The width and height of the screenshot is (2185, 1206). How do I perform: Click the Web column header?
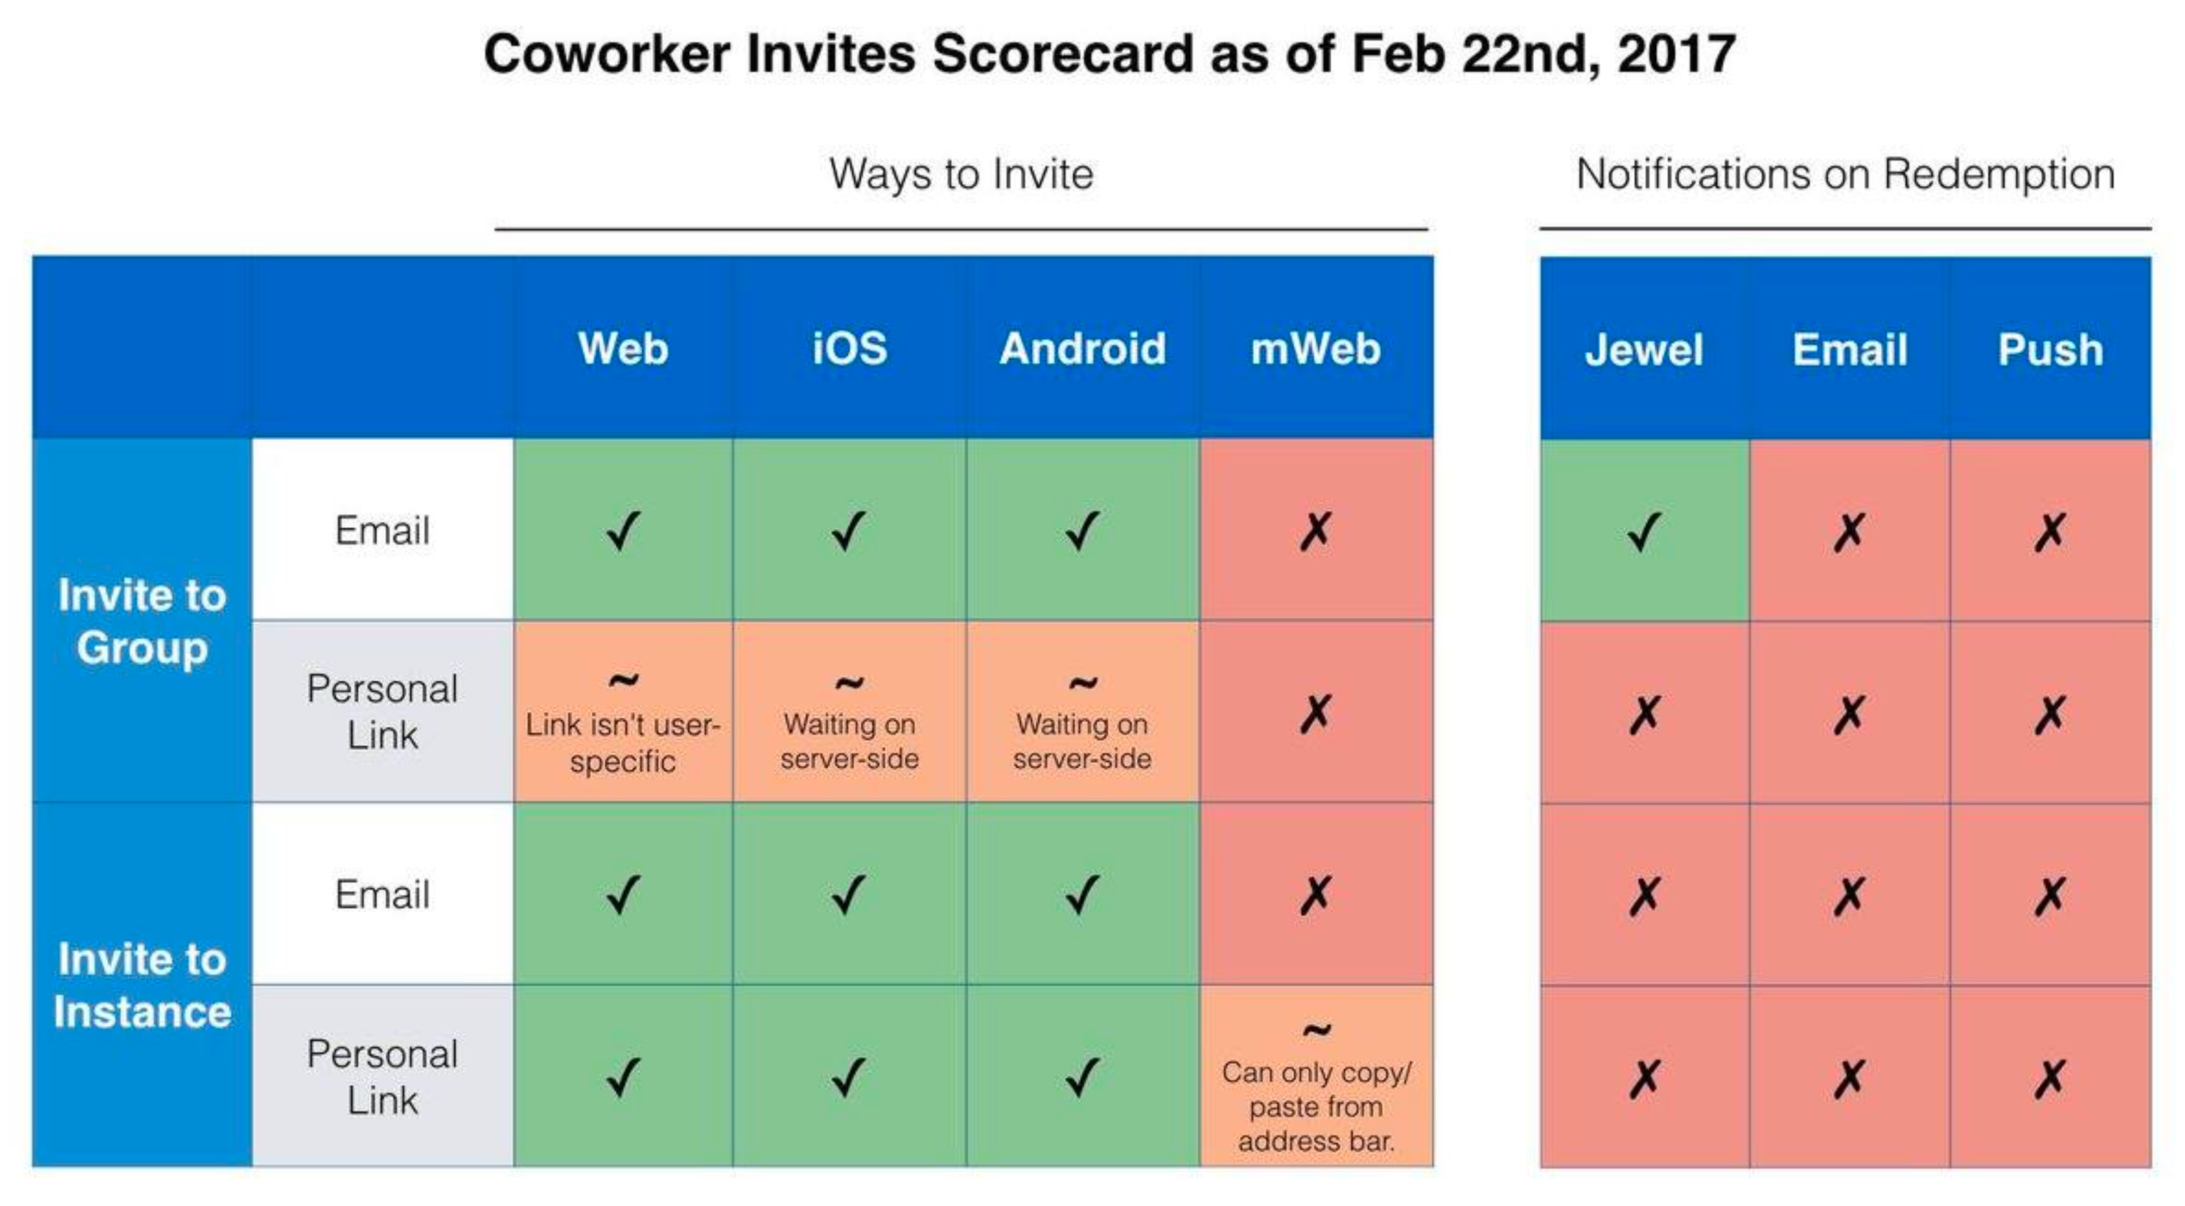(x=622, y=349)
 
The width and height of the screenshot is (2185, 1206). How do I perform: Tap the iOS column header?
(x=849, y=349)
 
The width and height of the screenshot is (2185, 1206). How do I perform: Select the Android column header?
(x=1082, y=349)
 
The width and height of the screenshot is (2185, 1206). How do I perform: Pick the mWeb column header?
(x=1316, y=349)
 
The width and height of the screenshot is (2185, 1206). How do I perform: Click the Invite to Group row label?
(x=142, y=620)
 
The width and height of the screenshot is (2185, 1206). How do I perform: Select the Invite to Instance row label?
(x=142, y=985)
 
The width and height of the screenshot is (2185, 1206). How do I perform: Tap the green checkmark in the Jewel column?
(x=1644, y=532)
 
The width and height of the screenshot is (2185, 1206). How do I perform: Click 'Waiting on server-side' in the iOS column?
(x=849, y=740)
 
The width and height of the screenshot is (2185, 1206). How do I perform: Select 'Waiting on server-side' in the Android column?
(x=1082, y=740)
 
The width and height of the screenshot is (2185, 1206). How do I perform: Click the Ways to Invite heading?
(x=961, y=174)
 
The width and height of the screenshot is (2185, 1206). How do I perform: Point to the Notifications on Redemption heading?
(x=1845, y=174)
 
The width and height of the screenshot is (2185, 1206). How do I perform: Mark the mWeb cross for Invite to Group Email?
(x=1316, y=531)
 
